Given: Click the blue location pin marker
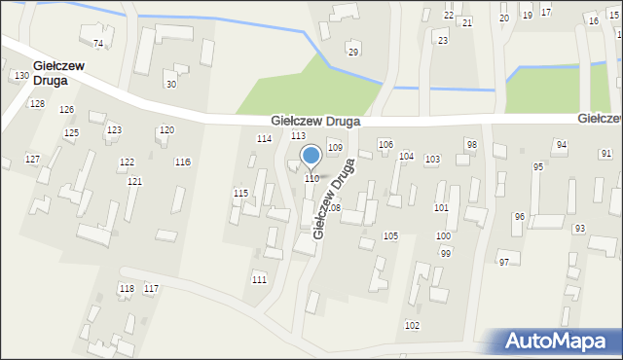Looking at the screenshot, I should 311,157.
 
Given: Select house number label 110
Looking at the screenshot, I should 311,179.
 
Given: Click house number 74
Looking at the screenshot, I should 97,44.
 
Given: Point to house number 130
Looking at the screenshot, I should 21,75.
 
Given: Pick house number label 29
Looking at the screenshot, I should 353,52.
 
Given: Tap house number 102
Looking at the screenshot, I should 412,325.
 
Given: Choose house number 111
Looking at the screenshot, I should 259,279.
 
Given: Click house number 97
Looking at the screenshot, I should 503,263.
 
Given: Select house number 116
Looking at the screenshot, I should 182,162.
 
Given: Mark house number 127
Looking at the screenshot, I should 32,159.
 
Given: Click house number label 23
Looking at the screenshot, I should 443,40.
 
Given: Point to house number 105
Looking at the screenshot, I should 390,236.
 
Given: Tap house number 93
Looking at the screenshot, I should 580,229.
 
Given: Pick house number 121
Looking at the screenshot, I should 134,182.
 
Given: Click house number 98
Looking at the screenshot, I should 471,144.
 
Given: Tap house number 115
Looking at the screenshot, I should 240,194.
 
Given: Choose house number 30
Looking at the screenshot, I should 171,84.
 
